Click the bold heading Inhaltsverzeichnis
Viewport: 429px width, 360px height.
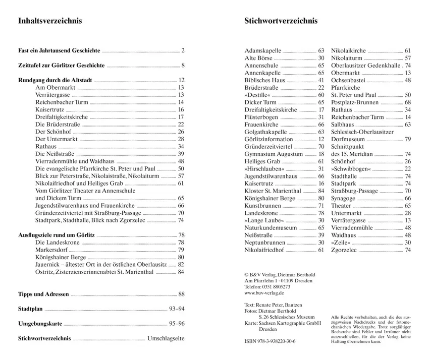[x=50, y=21]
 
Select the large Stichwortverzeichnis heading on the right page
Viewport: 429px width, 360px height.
[x=281, y=21]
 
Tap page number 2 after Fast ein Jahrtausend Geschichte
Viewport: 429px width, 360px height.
[x=183, y=51]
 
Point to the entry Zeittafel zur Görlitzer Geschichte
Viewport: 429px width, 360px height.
[x=61, y=66]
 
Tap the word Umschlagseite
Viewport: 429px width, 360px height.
[x=166, y=338]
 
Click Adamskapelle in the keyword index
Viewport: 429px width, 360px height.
[x=263, y=51]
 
